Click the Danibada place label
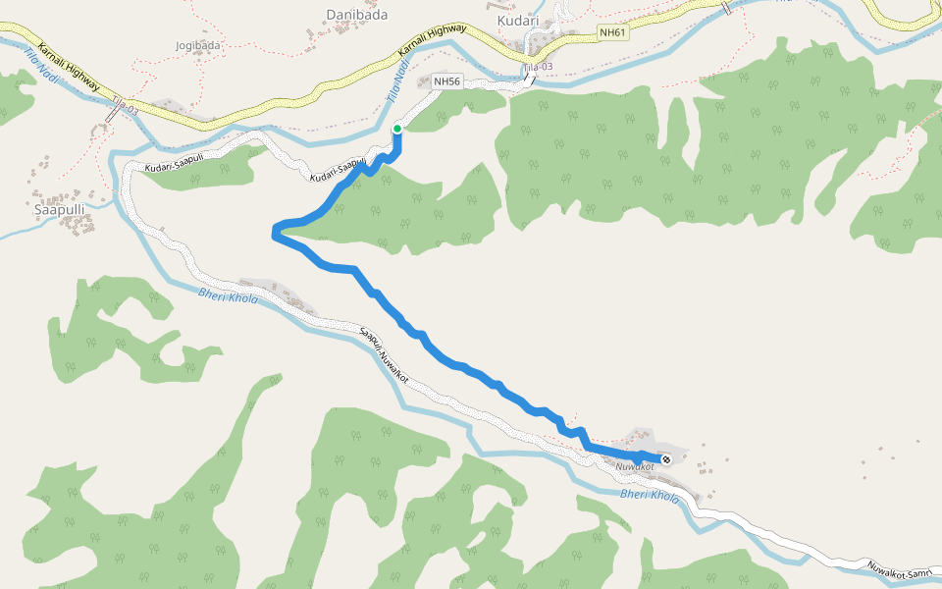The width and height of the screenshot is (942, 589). tap(355, 15)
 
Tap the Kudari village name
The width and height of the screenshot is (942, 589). tap(518, 20)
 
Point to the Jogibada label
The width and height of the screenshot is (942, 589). tap(197, 45)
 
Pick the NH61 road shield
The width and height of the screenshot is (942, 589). tap(612, 32)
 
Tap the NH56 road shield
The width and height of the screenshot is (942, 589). tap(446, 80)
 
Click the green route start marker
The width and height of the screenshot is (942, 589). tap(397, 129)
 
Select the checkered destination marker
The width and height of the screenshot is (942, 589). tap(666, 458)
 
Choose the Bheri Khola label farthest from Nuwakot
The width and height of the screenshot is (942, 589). tap(228, 294)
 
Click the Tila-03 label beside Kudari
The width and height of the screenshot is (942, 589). tap(538, 66)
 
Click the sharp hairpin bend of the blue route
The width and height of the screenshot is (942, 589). tap(275, 232)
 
